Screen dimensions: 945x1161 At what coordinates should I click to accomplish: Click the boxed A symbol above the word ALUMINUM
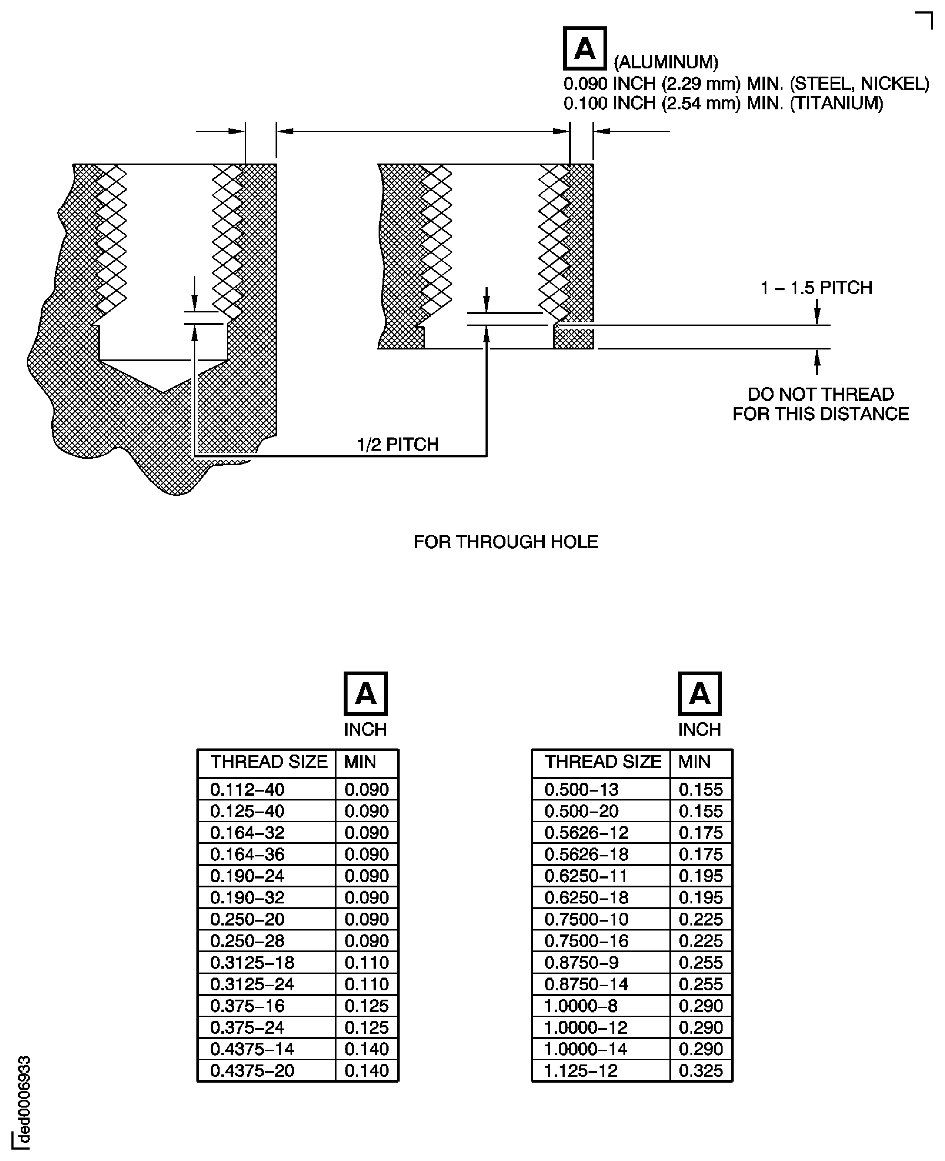tap(585, 48)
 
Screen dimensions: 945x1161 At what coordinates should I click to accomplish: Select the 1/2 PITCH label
tap(398, 445)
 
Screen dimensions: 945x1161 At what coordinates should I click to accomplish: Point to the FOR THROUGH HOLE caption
tap(506, 542)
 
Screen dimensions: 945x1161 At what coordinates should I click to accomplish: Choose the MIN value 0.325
tap(700, 1071)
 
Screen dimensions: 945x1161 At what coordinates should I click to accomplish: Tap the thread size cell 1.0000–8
tap(581, 1006)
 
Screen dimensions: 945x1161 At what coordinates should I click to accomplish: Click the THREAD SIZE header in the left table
tap(269, 762)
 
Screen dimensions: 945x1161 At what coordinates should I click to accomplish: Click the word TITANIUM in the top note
tap(836, 103)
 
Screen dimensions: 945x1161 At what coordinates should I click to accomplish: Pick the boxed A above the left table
tap(365, 694)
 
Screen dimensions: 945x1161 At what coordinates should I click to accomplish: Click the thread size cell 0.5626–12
tap(586, 833)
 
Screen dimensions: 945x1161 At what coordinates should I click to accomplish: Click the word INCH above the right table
tap(699, 730)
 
